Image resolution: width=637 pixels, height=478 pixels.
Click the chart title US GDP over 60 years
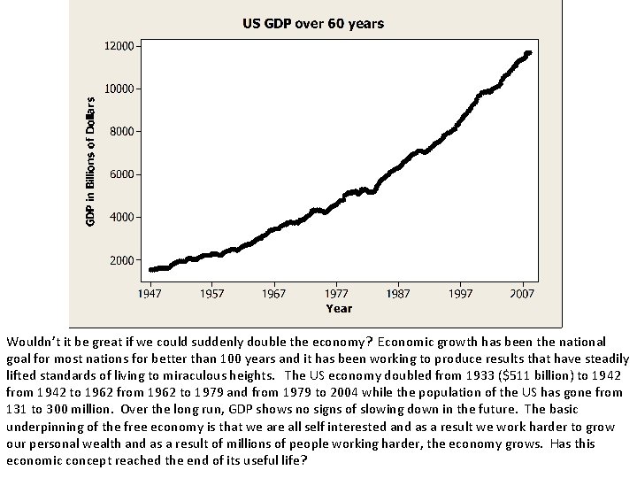click(x=313, y=24)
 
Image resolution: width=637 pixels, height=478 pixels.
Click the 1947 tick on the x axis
click(x=150, y=292)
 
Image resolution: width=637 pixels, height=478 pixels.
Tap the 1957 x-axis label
click(x=212, y=292)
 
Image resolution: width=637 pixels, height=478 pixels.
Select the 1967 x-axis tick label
click(x=274, y=292)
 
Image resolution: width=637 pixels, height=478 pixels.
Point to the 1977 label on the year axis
click(x=336, y=292)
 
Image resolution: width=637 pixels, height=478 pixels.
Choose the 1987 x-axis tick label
click(x=398, y=292)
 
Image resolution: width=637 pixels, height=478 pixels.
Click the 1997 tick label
click(x=460, y=292)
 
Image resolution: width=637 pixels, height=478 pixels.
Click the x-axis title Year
click(x=339, y=308)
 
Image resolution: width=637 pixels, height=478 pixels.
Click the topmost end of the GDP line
click(x=528, y=53)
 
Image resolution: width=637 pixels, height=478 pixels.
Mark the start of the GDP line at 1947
click(x=152, y=269)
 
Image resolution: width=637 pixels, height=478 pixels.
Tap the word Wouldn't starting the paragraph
click(x=31, y=341)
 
